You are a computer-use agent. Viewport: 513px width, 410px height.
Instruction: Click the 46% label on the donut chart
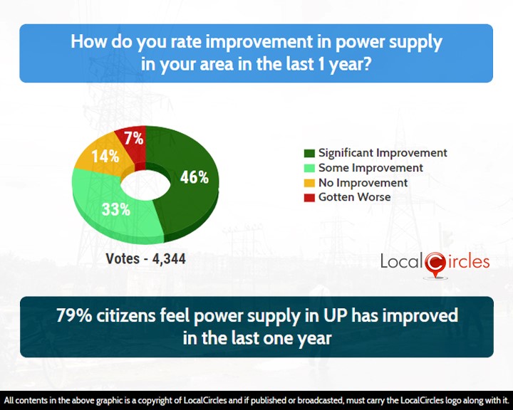[195, 177]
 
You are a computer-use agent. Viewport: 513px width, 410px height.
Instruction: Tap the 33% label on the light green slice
[116, 209]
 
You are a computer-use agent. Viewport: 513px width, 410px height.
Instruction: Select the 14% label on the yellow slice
[105, 157]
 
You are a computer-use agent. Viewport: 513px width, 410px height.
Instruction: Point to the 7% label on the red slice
[134, 138]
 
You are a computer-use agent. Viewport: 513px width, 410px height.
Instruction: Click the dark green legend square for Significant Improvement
[309, 153]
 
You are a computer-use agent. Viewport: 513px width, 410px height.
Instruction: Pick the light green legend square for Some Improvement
[309, 168]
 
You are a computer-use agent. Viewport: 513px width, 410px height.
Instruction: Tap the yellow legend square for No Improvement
[309, 183]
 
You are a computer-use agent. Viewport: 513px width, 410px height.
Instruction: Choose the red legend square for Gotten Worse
[309, 197]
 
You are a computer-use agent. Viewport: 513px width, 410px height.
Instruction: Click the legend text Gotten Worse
[355, 197]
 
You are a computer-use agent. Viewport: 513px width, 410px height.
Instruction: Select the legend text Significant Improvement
[383, 153]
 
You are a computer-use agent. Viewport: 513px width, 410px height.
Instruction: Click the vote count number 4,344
[169, 259]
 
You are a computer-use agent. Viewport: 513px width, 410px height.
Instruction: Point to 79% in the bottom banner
[74, 315]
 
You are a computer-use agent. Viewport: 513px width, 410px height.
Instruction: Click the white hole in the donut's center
[145, 185]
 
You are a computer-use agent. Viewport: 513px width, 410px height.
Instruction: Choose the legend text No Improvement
[363, 182]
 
